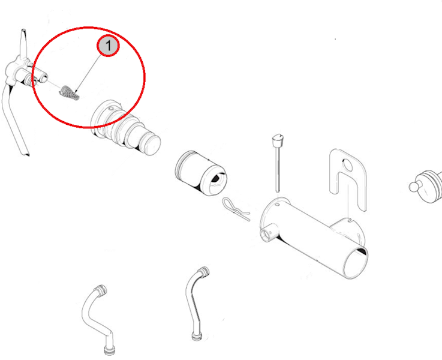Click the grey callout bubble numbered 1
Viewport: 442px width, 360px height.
108,46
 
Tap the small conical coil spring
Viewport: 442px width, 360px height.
70,93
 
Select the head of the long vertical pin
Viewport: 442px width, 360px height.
278,139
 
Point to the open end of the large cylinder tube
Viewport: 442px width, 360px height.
356,262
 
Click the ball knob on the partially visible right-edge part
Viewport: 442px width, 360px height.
414,187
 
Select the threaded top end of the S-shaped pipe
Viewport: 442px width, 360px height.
101,290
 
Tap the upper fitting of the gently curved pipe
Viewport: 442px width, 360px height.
203,271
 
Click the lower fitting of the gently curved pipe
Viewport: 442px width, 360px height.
197,337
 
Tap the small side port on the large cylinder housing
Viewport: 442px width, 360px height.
266,234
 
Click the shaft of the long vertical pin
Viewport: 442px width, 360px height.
278,169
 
